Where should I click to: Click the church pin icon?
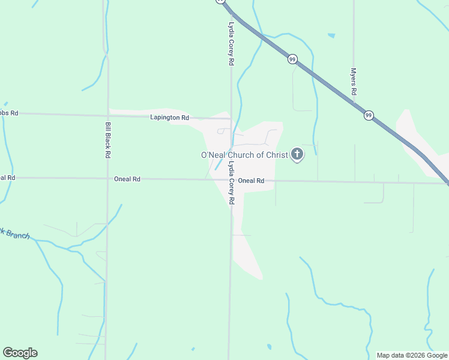(297, 155)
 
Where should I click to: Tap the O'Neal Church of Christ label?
(244, 155)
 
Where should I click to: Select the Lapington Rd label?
(169, 118)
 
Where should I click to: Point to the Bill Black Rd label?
(107, 140)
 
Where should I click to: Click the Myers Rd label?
(354, 82)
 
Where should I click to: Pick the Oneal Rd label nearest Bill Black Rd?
(127, 179)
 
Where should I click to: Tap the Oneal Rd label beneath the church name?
(251, 181)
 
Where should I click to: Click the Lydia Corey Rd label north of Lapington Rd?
(231, 43)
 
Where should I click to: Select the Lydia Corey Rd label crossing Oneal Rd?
(231, 184)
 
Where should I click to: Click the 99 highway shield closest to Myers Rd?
(369, 115)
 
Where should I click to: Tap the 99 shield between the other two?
(292, 59)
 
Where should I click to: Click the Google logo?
(20, 353)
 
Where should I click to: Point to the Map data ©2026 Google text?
(412, 355)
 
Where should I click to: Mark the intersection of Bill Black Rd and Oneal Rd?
(107, 178)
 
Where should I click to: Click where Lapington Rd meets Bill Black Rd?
(108, 114)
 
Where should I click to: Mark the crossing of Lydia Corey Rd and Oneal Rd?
(231, 180)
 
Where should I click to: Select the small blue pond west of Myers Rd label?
(331, 35)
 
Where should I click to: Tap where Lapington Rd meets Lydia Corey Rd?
(231, 119)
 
